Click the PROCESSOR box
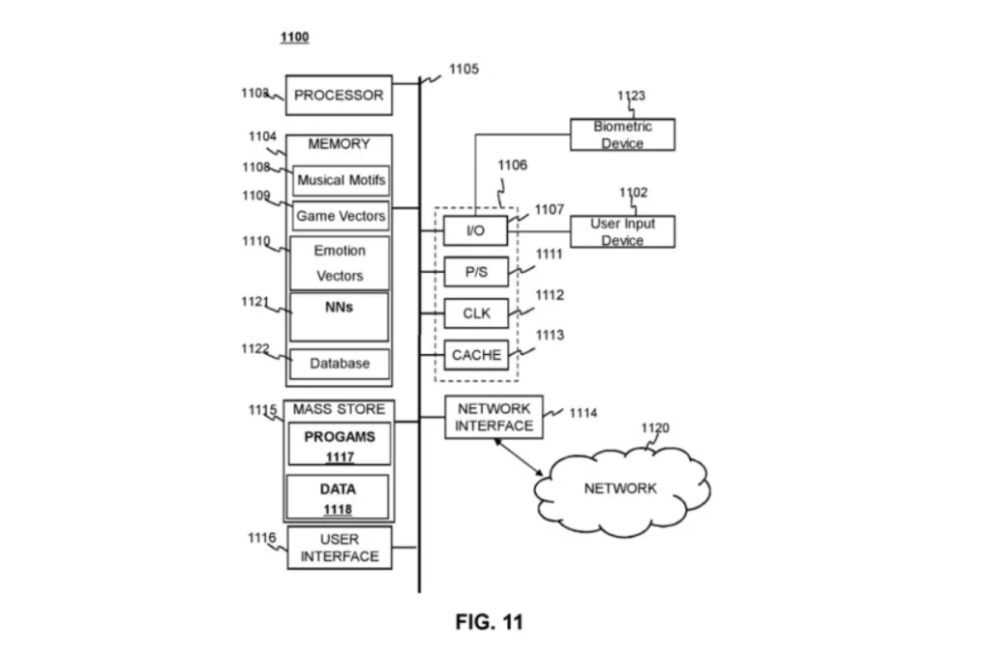tap(338, 95)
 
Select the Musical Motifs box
tap(340, 180)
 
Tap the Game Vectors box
tap(340, 216)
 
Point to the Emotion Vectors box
tap(340, 262)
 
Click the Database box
tap(340, 364)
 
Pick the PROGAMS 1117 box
tap(339, 445)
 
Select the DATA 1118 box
tap(337, 497)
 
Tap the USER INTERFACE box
tap(339, 548)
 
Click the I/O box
tap(475, 231)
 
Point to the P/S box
tap(475, 272)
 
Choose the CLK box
tap(475, 313)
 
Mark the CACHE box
tap(476, 355)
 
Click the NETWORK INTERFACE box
tap(493, 417)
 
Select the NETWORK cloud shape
tap(622, 488)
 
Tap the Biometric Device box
tap(622, 135)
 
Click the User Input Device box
tap(622, 231)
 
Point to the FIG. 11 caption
tap(489, 622)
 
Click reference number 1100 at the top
tap(294, 38)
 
